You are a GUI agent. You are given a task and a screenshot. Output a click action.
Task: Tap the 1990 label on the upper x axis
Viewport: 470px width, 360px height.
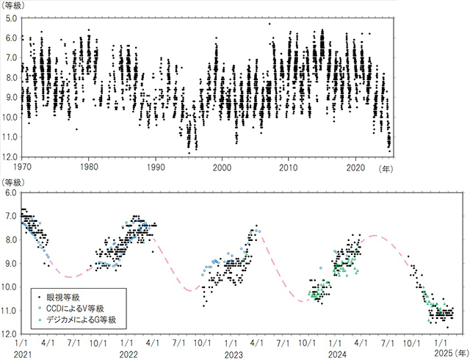coord(156,167)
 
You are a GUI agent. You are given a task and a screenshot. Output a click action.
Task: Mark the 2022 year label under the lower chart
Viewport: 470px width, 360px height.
coord(127,353)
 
